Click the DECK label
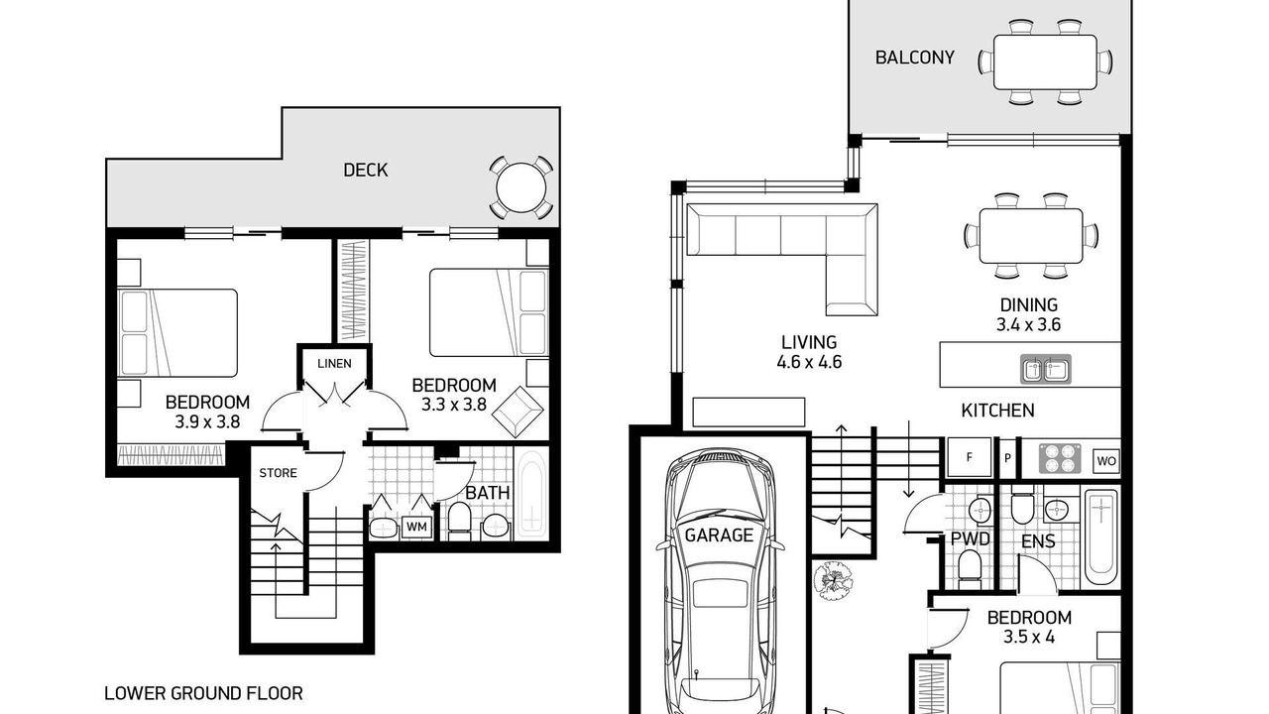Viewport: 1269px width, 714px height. (x=366, y=170)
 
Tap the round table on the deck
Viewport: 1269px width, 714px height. (x=521, y=187)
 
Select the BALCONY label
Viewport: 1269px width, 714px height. (x=914, y=58)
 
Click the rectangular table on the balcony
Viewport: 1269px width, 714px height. (x=1045, y=61)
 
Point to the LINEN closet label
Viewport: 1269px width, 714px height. (x=334, y=363)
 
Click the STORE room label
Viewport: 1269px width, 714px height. (x=278, y=473)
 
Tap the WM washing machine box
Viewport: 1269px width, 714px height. (x=416, y=527)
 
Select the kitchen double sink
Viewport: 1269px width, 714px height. (x=1046, y=370)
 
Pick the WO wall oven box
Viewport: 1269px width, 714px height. (x=1106, y=461)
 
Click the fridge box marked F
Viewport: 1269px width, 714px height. (x=970, y=457)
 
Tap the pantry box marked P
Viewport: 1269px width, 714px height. (x=1007, y=457)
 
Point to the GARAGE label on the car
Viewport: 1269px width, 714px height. (x=719, y=535)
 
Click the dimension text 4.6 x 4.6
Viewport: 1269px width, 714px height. (x=809, y=362)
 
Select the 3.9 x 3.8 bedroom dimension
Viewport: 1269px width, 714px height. (x=207, y=422)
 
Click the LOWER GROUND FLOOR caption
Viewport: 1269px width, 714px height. (x=203, y=693)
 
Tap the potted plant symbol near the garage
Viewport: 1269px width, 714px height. (x=834, y=580)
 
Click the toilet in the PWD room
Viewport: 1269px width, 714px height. (x=970, y=566)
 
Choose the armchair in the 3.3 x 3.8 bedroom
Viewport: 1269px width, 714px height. (x=518, y=412)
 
